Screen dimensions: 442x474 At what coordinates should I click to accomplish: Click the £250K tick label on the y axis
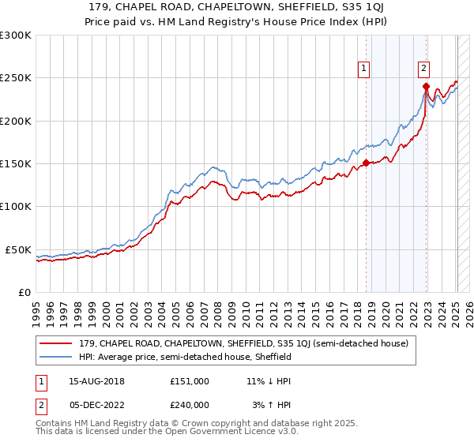[15, 78]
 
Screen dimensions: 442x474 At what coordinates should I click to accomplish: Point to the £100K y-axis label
[15, 206]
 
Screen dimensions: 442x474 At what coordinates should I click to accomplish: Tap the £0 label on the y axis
[23, 292]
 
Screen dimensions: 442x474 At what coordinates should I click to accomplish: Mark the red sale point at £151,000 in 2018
[367, 163]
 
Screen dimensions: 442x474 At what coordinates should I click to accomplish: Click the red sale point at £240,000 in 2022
[426, 87]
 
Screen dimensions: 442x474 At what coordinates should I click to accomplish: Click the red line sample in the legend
[56, 343]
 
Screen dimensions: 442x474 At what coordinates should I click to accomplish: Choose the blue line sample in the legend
[56, 357]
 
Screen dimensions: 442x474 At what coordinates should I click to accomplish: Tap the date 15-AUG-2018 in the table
[91, 380]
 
